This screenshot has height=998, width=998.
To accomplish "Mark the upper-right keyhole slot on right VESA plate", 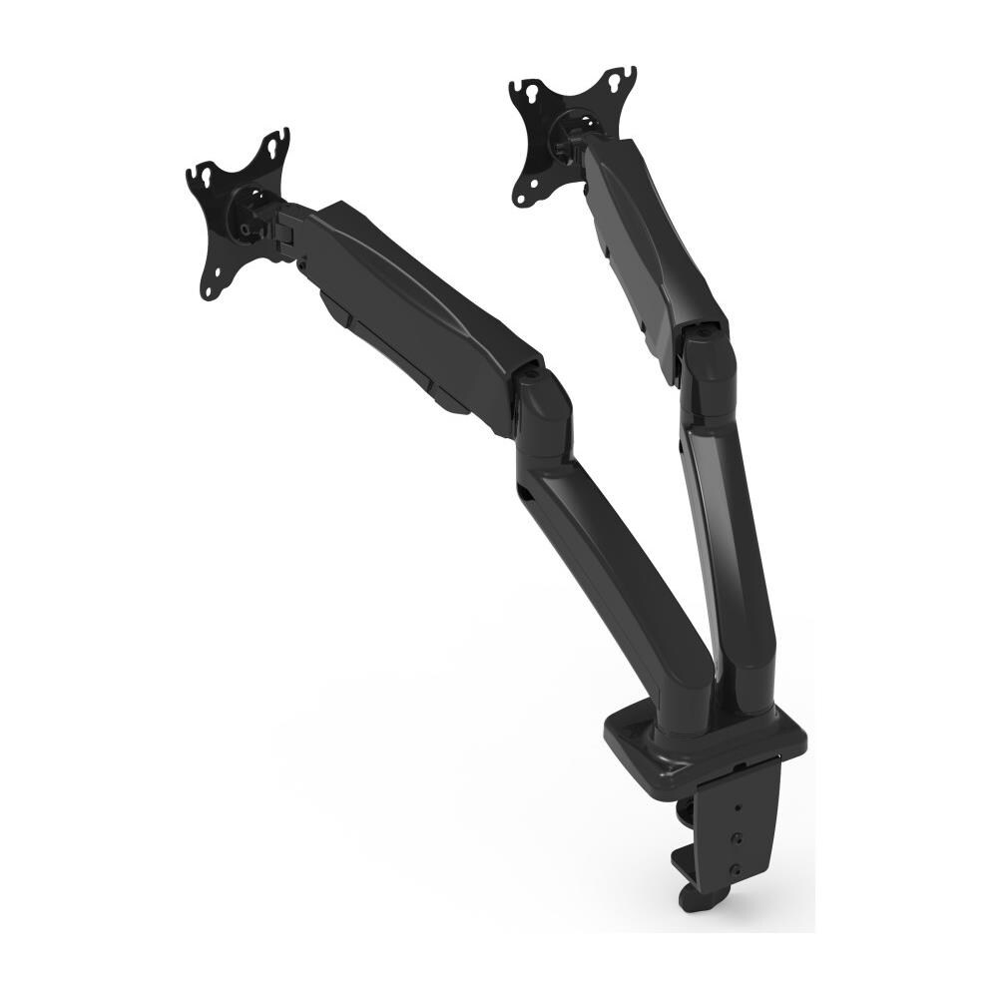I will pyautogui.click(x=624, y=75).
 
